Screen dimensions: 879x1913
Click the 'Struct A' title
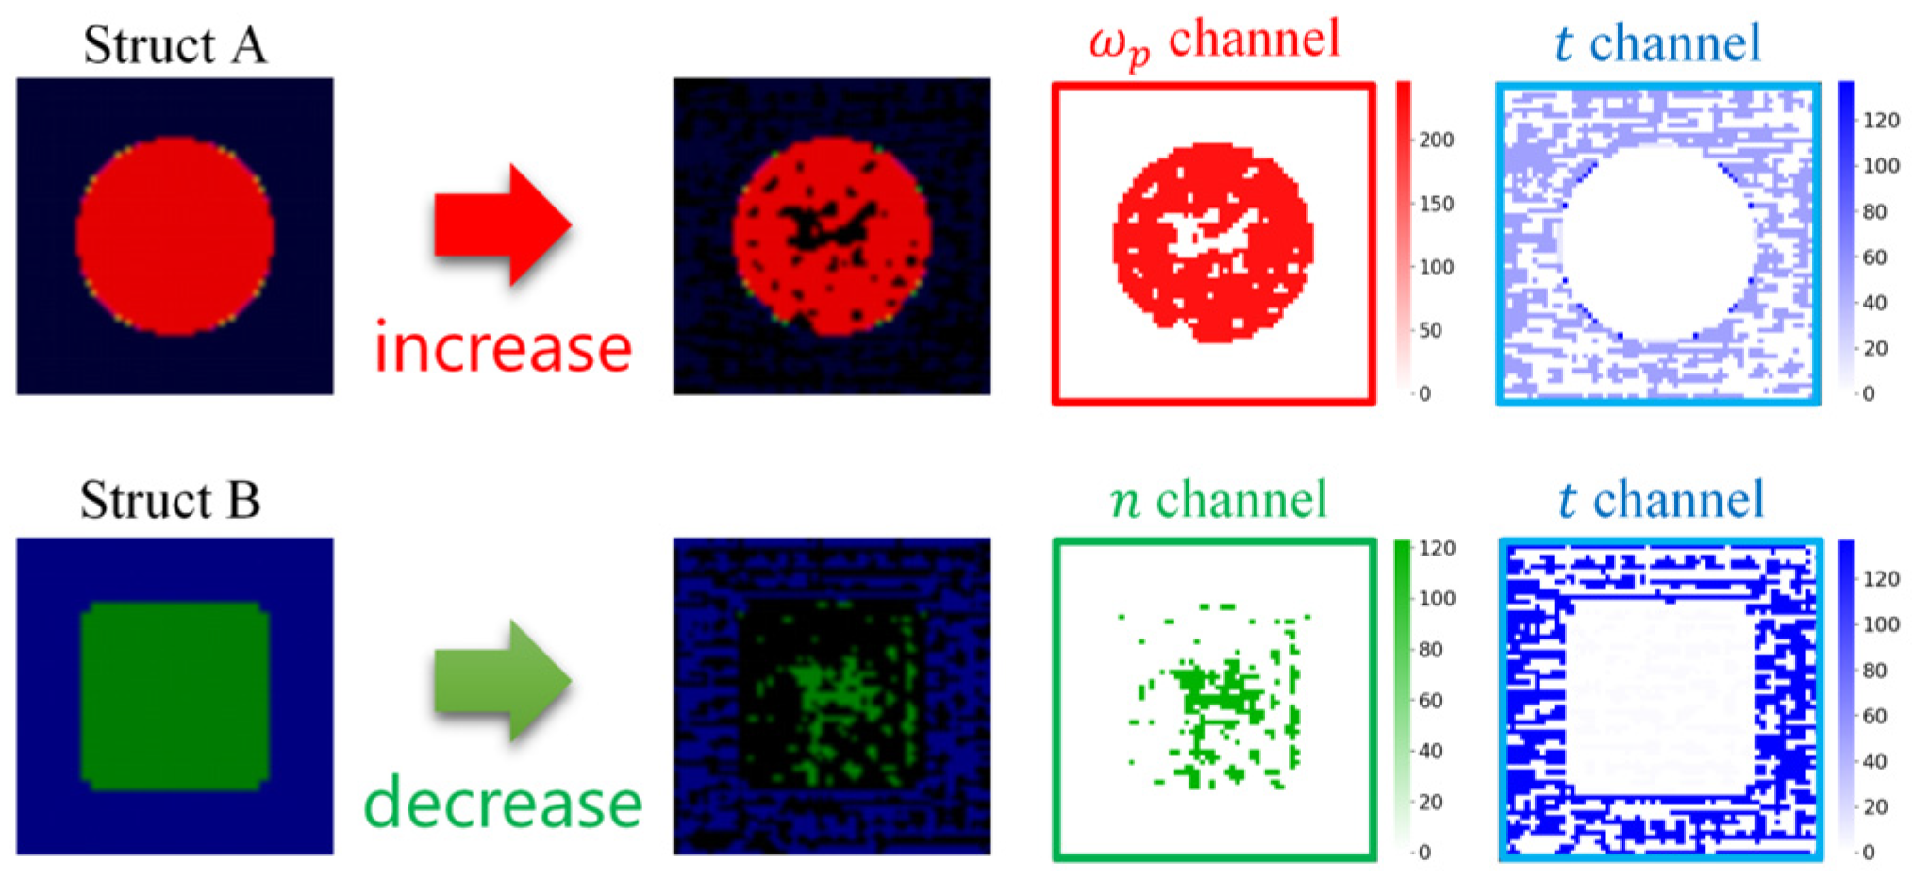pos(175,44)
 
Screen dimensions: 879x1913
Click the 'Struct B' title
pos(170,500)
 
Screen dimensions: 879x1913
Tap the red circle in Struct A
pos(175,236)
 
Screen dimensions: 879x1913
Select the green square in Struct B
pos(175,695)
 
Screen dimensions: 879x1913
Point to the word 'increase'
pos(503,347)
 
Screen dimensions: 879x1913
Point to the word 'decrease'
pos(503,804)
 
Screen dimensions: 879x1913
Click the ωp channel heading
pos(1214,42)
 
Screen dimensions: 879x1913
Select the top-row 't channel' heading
pos(1657,43)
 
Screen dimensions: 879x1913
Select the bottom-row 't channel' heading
pos(1660,499)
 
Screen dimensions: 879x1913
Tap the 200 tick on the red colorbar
pos(1436,141)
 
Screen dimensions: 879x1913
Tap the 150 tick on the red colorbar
pos(1436,204)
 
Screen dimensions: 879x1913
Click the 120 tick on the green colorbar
pos(1437,549)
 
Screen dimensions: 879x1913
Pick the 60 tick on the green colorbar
pos(1430,701)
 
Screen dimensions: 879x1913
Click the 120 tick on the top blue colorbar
pos(1880,121)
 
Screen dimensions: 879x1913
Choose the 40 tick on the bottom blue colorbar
pos(1874,761)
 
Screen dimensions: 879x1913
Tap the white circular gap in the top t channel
pos(1657,240)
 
